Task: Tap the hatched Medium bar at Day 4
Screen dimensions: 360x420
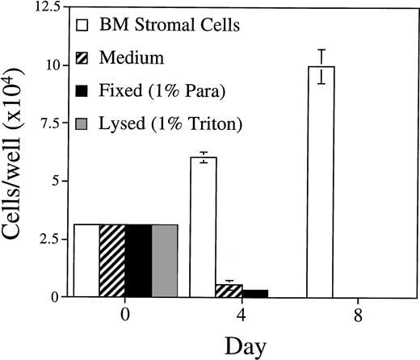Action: (x=229, y=291)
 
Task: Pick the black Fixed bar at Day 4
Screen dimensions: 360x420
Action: (x=254, y=293)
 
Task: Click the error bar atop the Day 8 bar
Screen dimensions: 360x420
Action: (x=321, y=65)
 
